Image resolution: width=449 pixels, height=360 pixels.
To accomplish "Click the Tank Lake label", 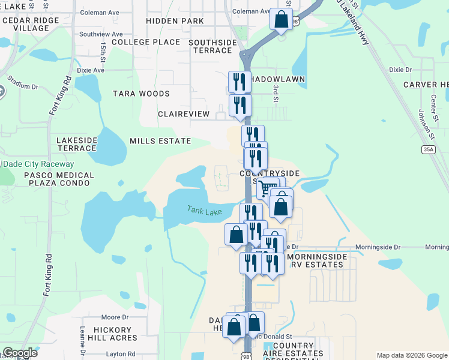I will [x=204, y=211].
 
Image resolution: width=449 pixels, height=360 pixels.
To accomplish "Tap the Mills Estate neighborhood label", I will [x=160, y=141].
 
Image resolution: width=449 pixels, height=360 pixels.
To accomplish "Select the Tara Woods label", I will [x=141, y=94].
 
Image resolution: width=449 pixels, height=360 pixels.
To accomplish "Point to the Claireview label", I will [x=184, y=114].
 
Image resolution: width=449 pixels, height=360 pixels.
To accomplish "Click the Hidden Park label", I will [x=175, y=21].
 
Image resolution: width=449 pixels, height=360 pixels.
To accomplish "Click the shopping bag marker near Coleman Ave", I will [x=281, y=19].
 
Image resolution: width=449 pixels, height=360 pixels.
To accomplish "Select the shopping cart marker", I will [x=268, y=190].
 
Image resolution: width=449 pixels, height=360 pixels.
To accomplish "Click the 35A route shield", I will [x=428, y=149].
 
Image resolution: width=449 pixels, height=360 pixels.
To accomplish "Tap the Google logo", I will [x=20, y=353].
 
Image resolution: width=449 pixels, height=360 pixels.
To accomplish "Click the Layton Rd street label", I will [x=122, y=354].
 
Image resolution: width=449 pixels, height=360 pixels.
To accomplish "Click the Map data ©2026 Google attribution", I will [x=411, y=355].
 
